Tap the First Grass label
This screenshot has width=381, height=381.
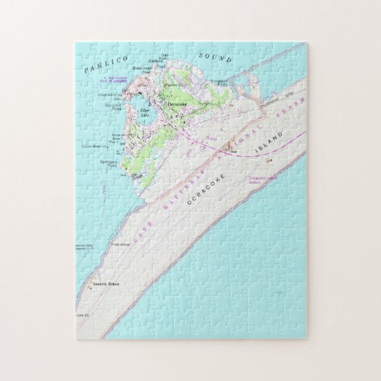click(x=142, y=244)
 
